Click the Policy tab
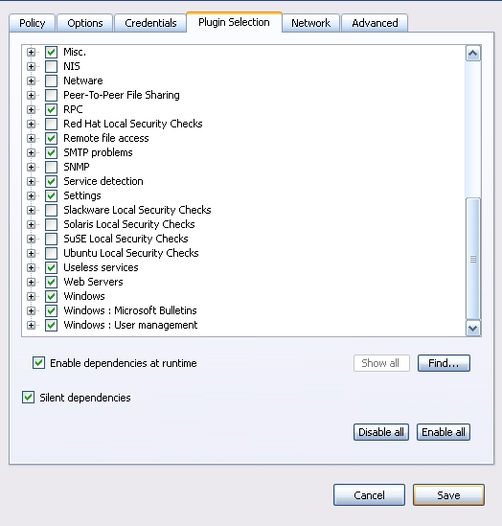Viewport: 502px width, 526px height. pyautogui.click(x=33, y=23)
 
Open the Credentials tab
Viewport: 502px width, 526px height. pyautogui.click(x=150, y=23)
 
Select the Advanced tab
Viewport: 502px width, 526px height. pyautogui.click(x=375, y=23)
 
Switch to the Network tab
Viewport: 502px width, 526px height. pyautogui.click(x=310, y=23)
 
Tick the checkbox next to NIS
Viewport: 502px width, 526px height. pyautogui.click(x=52, y=66)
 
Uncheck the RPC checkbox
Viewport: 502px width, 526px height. pyautogui.click(x=52, y=109)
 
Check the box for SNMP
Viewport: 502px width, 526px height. pyautogui.click(x=52, y=167)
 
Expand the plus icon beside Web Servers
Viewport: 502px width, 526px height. pyautogui.click(x=32, y=282)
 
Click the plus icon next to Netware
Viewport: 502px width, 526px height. pyautogui.click(x=32, y=80)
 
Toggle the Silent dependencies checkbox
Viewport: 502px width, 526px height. pyautogui.click(x=28, y=398)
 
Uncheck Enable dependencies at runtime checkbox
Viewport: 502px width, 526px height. pyautogui.click(x=39, y=363)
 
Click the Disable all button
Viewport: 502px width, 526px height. pyautogui.click(x=381, y=432)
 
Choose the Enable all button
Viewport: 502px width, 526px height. pyautogui.click(x=444, y=432)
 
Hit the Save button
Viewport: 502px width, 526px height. pyautogui.click(x=448, y=494)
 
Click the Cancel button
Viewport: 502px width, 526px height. pyautogui.click(x=369, y=494)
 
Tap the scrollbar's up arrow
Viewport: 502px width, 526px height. pyautogui.click(x=473, y=54)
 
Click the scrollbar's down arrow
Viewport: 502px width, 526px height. pyautogui.click(x=473, y=328)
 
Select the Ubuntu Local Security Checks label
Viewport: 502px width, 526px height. pyautogui.click(x=131, y=253)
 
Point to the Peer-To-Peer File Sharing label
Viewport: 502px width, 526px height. pyautogui.click(x=122, y=95)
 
